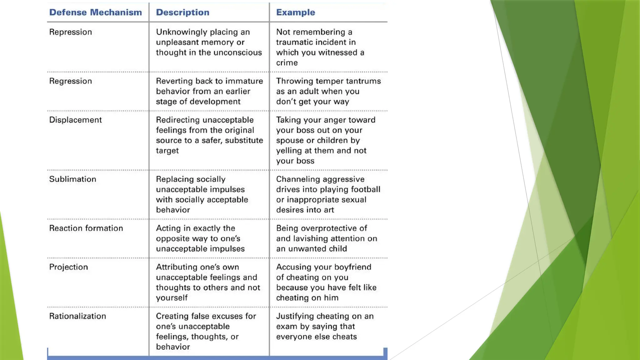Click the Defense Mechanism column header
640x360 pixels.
pyautogui.click(x=95, y=12)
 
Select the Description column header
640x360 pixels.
pyautogui.click(x=182, y=12)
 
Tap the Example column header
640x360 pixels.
pyautogui.click(x=295, y=12)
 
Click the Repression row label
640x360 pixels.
pyautogui.click(x=70, y=32)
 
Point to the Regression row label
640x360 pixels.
pyautogui.click(x=70, y=81)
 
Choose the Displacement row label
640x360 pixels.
pyautogui.click(x=75, y=120)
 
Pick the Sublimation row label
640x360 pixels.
pyautogui.click(x=72, y=179)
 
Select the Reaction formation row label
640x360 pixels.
pyautogui.click(x=86, y=228)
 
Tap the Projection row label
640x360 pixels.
pyautogui.click(x=68, y=267)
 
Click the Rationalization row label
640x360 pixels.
pyautogui.click(x=77, y=316)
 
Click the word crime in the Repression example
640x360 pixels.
pyautogui.click(x=287, y=62)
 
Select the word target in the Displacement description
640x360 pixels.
pyautogui.click(x=167, y=151)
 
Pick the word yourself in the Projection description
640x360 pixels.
pyautogui.click(x=172, y=297)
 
